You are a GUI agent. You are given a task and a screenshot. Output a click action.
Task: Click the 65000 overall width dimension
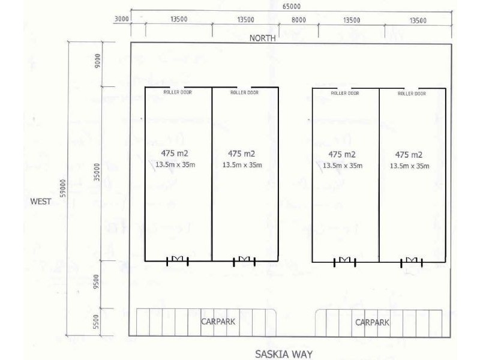tap(291, 6)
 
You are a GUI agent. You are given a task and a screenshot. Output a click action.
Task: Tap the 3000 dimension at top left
tap(122, 19)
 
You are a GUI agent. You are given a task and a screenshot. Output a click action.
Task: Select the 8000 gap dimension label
tap(298, 20)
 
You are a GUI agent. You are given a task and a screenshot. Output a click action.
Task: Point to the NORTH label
tap(262, 38)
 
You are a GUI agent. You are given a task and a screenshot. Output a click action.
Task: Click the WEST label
tap(41, 202)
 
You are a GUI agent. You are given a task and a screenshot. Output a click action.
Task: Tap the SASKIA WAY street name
tap(284, 354)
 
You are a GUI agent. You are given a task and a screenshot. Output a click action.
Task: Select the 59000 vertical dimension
tap(63, 188)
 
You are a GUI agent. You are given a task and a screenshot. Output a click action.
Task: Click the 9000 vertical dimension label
tap(98, 61)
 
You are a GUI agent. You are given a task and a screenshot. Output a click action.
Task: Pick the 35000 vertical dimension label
tap(97, 172)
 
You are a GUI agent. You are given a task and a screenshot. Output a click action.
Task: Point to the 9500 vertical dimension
tap(97, 281)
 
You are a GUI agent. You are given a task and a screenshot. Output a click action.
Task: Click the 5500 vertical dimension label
tap(97, 322)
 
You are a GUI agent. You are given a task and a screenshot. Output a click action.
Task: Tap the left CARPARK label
tap(218, 322)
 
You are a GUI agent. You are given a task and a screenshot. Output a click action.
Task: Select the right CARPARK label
tap(372, 322)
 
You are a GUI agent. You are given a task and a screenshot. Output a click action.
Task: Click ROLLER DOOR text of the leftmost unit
tap(178, 92)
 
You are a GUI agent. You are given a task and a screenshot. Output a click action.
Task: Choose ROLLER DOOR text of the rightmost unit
tap(412, 94)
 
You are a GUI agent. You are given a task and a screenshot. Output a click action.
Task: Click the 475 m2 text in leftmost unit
tap(175, 153)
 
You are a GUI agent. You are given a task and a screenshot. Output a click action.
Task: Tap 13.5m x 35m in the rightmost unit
tap(409, 166)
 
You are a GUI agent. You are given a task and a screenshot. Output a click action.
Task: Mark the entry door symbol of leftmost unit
tap(178, 260)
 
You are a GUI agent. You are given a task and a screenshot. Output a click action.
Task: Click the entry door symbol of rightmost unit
tap(412, 262)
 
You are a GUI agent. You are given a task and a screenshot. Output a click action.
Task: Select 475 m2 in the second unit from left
tap(241, 154)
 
